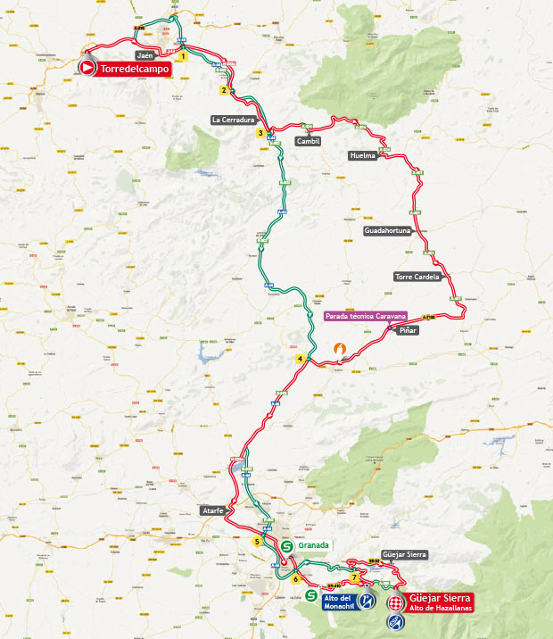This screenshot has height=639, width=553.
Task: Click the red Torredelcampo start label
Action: click(x=134, y=68)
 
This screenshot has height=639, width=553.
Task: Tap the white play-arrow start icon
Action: click(x=87, y=68)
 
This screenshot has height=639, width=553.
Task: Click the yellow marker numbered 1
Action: click(x=182, y=56)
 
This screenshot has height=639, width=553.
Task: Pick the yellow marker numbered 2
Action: click(x=223, y=90)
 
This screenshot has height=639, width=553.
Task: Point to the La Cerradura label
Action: click(x=234, y=119)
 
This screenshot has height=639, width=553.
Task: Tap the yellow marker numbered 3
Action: click(x=260, y=134)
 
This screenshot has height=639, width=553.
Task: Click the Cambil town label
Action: click(x=307, y=141)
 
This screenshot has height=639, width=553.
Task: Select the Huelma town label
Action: click(x=363, y=155)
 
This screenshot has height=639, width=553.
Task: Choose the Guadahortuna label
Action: click(x=388, y=230)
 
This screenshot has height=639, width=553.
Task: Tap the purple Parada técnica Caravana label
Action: click(x=366, y=316)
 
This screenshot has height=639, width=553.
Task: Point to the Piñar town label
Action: click(x=408, y=331)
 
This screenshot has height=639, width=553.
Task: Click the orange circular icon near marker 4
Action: click(x=338, y=349)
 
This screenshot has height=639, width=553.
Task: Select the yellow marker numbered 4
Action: click(x=301, y=359)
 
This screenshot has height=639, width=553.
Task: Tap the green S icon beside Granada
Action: click(x=287, y=545)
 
